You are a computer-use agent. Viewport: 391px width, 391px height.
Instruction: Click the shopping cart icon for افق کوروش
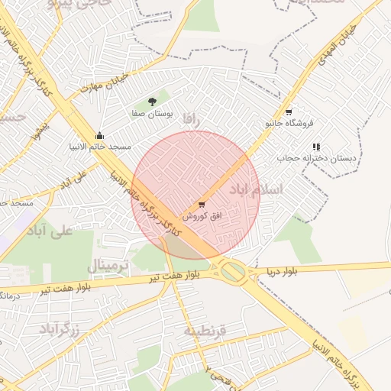201,204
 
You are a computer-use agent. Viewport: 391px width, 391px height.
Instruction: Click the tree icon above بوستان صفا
152,101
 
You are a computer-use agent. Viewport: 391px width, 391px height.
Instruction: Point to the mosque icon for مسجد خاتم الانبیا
100,135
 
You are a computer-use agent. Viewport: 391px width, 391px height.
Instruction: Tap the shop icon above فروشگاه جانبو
288,111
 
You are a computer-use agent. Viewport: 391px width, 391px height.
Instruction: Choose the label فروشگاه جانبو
289,123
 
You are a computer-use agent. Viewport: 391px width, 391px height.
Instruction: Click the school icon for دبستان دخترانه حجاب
316,147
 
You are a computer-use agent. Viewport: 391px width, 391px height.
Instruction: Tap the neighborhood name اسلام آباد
281,188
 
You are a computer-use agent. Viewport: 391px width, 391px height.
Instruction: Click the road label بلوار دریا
281,272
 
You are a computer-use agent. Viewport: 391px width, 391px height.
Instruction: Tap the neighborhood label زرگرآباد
60,330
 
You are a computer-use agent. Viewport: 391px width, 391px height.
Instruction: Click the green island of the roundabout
234,270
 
